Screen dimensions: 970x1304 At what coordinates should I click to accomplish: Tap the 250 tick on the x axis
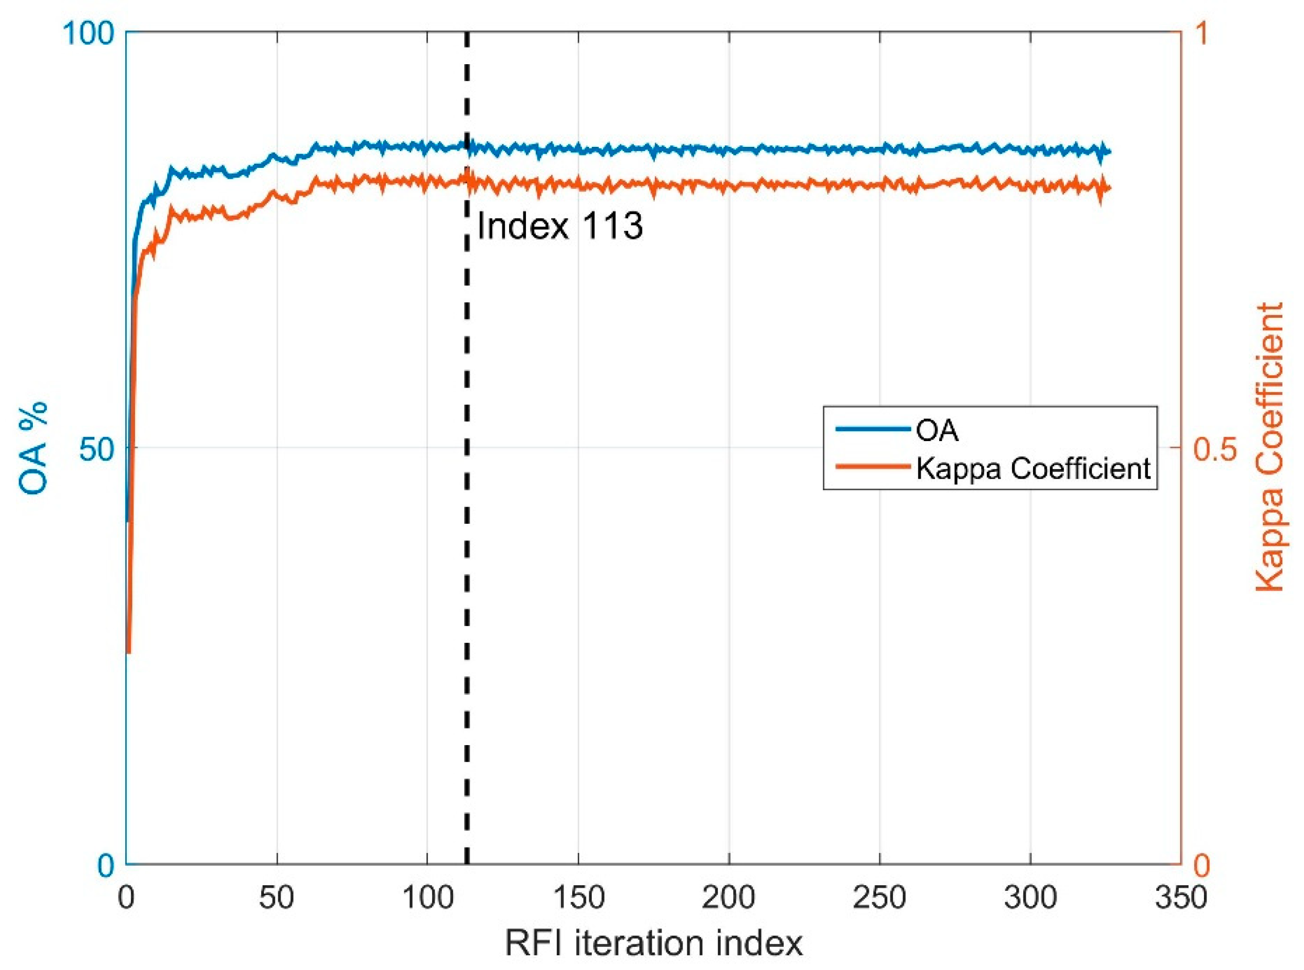point(880,897)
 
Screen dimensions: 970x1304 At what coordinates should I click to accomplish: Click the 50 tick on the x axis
point(277,897)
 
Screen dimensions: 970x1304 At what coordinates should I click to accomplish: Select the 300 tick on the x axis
point(1030,897)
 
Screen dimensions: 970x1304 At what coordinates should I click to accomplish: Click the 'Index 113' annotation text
point(560,226)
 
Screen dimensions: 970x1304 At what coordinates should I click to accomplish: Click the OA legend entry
point(937,431)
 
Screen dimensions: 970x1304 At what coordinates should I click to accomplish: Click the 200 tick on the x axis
point(729,897)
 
